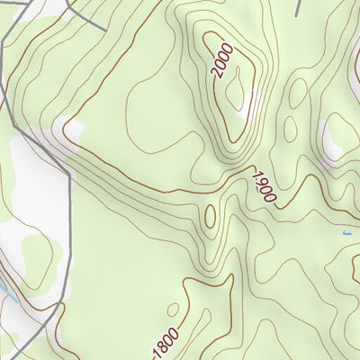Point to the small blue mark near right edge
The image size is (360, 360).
(x=346, y=233)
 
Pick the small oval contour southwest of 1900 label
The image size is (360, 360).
(x=211, y=216)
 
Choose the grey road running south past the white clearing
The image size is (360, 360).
(x=68, y=234)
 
